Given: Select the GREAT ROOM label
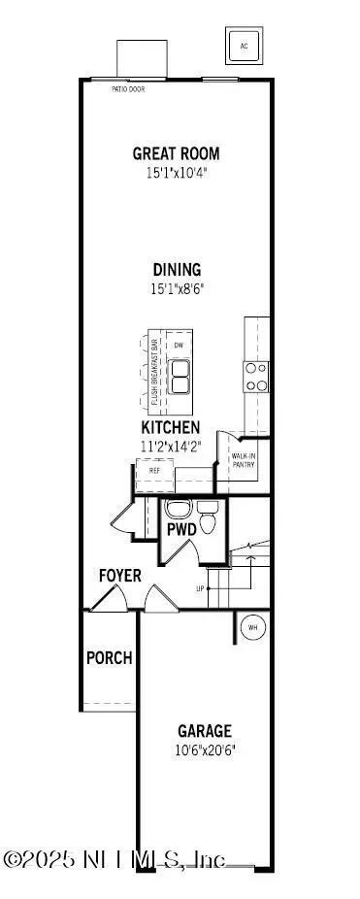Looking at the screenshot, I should (x=176, y=152).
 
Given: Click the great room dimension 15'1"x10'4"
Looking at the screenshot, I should (x=176, y=172).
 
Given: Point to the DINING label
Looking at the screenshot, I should (x=176, y=270).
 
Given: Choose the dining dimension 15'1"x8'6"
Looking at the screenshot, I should (x=176, y=288).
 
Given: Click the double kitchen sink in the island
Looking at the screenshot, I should (x=180, y=377).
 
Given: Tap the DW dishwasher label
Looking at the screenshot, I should (x=179, y=346).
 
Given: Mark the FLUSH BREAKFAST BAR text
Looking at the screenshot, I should (x=154, y=375).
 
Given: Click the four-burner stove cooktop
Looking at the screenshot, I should (x=256, y=377).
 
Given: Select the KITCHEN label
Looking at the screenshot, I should (x=171, y=427).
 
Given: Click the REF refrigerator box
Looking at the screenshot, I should (x=154, y=470).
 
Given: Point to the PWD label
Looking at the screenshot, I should (x=181, y=530).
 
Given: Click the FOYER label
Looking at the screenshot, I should (x=119, y=576).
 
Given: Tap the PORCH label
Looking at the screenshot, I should (x=109, y=657).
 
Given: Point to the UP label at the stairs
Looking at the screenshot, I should (x=200, y=588).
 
